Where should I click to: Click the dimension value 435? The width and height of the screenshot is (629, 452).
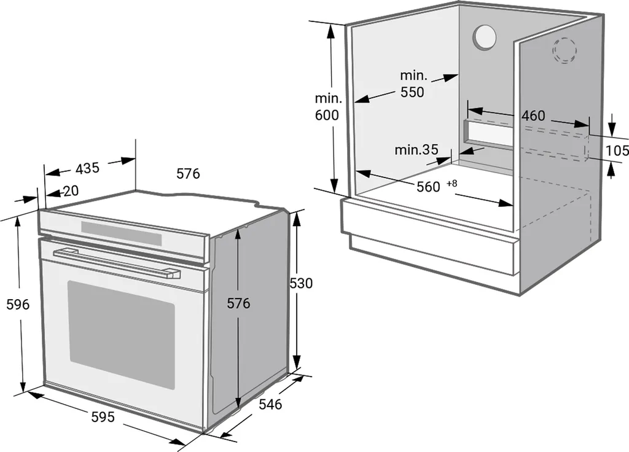tap(87, 168)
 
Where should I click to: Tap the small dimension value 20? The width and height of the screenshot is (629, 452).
tap(71, 191)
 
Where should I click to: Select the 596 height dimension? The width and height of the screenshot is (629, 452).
tap(17, 305)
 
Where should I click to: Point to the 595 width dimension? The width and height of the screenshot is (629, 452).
tap(103, 417)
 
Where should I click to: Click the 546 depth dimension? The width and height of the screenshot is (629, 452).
tap(270, 404)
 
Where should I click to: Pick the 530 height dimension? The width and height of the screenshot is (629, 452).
tap(301, 284)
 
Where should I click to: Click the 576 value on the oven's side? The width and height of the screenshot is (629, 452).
tap(238, 303)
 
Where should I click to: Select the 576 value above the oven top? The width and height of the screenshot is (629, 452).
tap(188, 174)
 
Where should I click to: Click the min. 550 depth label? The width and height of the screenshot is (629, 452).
tap(413, 84)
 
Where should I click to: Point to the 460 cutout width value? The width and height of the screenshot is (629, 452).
tap(533, 116)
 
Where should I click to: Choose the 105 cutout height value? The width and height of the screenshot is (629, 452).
tap(617, 150)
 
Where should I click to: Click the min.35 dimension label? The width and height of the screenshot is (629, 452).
tap(416, 149)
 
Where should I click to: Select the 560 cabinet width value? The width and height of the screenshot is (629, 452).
tap(428, 187)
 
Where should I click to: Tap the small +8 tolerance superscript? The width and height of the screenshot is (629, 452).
tap(452, 183)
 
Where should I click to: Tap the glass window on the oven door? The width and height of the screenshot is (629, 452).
tap(121, 334)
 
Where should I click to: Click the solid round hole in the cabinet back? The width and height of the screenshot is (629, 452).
tap(485, 37)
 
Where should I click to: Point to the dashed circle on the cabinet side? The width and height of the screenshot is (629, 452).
tap(565, 50)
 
